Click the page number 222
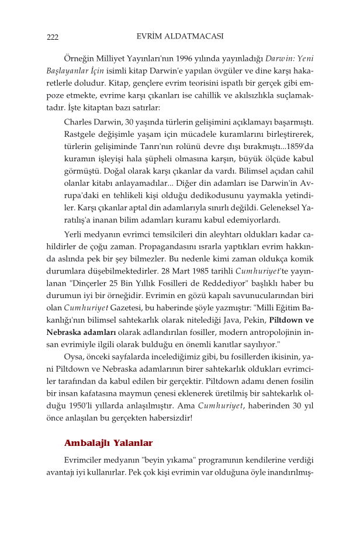(x=53, y=38)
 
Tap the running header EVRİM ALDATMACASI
(x=180, y=36)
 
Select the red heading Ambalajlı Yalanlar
(x=108, y=443)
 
